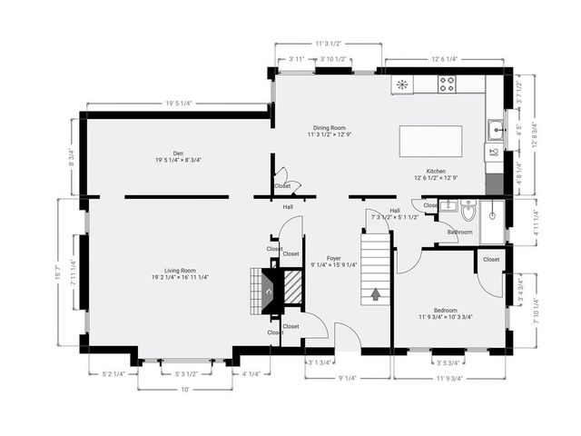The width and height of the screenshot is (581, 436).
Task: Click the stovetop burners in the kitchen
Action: (447, 84)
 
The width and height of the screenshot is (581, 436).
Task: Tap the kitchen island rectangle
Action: (430, 142)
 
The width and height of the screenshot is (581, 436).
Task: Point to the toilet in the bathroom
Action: (468, 213)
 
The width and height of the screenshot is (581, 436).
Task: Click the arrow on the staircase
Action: (376, 293)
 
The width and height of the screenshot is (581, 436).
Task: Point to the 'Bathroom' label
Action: (459, 233)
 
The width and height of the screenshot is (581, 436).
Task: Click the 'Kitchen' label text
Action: (436, 171)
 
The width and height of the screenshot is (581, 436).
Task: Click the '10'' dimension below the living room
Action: (184, 389)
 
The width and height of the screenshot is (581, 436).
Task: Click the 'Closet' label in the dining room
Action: (282, 185)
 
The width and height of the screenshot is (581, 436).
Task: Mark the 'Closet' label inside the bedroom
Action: (490, 260)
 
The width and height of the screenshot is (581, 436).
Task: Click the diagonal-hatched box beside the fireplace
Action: (291, 290)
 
